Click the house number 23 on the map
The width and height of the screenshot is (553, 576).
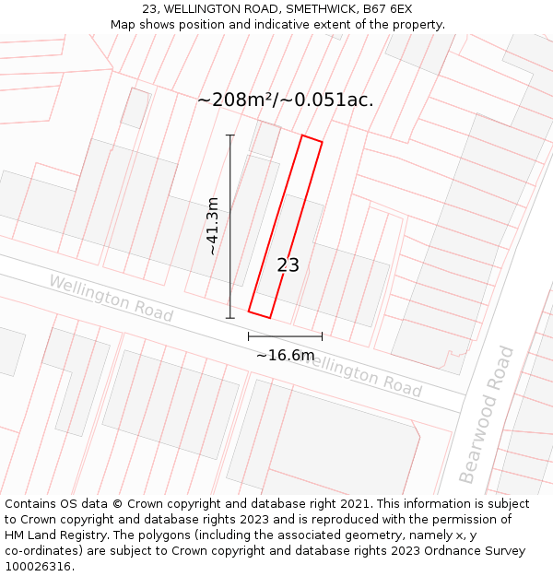click(288, 265)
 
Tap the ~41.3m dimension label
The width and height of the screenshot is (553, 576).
click(213, 227)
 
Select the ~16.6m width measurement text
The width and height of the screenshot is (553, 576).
click(285, 355)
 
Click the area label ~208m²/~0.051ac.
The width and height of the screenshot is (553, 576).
click(286, 100)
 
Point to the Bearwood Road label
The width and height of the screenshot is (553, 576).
click(486, 415)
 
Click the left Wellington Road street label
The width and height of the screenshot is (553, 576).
click(111, 297)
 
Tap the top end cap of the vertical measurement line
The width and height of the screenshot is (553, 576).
click(230, 135)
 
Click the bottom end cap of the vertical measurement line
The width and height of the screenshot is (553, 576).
click(230, 318)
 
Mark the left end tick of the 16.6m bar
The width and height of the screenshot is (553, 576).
click(249, 336)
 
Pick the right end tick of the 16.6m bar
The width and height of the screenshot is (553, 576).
click(322, 336)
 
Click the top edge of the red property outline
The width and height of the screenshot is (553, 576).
click(312, 138)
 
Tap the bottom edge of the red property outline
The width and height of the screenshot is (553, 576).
click(259, 314)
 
